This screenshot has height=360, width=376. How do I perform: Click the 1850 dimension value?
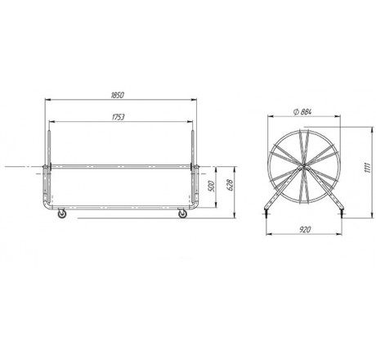tap(118, 95)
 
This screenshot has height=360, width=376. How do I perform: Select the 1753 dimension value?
tap(119, 117)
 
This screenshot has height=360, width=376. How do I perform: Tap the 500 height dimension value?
tap(212, 186)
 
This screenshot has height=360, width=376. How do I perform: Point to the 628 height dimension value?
tap(231, 185)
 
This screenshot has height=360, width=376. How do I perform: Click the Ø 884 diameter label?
tap(302, 111)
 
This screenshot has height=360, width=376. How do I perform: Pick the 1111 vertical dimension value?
tap(367, 168)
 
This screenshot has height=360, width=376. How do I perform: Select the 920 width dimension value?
tap(305, 230)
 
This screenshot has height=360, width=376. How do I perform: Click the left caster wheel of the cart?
tap(62, 214)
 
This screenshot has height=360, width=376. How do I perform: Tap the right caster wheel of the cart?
tap(182, 214)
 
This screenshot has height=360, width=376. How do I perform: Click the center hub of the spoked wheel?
tap(303, 168)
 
